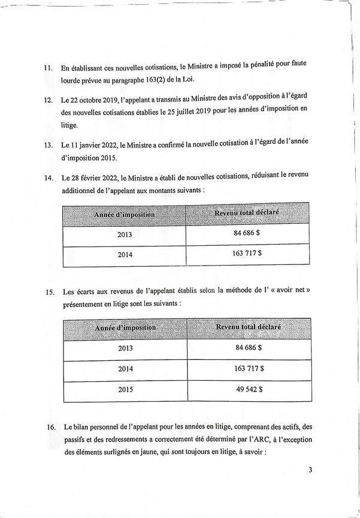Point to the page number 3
pos(310,469)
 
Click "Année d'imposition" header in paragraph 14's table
pos(125,214)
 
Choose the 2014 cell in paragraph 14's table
pos(125,254)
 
